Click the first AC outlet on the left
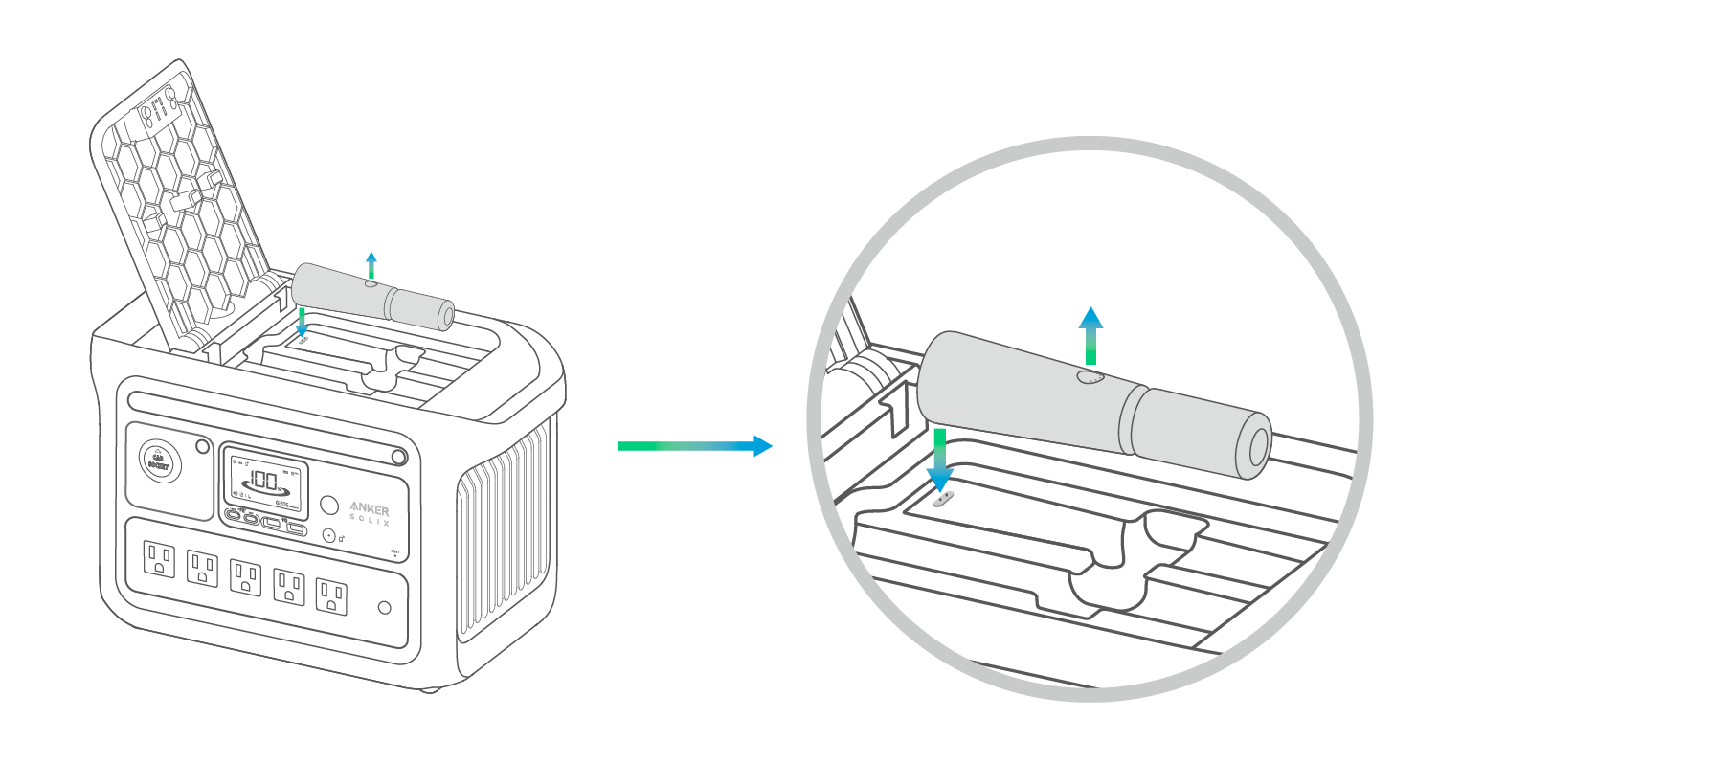[x=159, y=559]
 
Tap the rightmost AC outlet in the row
[x=331, y=595]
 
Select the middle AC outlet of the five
[x=245, y=577]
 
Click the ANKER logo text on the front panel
[x=370, y=508]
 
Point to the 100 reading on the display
[x=263, y=480]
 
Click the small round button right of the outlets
[x=385, y=608]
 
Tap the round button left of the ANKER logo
[x=329, y=505]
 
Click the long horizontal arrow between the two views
[x=694, y=445]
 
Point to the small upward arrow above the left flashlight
[x=371, y=265]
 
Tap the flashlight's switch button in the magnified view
[x=1090, y=377]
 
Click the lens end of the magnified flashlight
[x=1257, y=446]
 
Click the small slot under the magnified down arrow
[x=944, y=498]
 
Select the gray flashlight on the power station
[x=373, y=298]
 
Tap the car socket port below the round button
[x=329, y=536]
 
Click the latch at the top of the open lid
[x=159, y=111]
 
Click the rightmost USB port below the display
[x=297, y=527]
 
